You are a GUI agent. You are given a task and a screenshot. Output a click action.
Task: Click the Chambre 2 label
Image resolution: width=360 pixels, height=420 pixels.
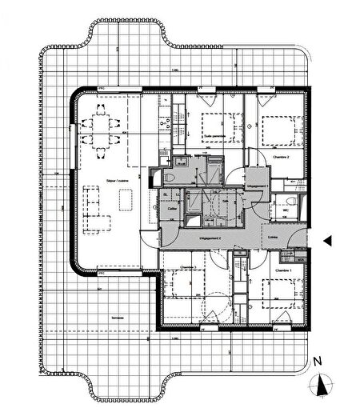pyautogui.click(x=280, y=158)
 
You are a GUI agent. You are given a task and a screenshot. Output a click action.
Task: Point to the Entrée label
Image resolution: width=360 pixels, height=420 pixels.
pyautogui.click(x=273, y=237)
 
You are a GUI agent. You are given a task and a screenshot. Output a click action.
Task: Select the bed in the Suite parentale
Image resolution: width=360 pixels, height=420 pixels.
pyautogui.click(x=215, y=125)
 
